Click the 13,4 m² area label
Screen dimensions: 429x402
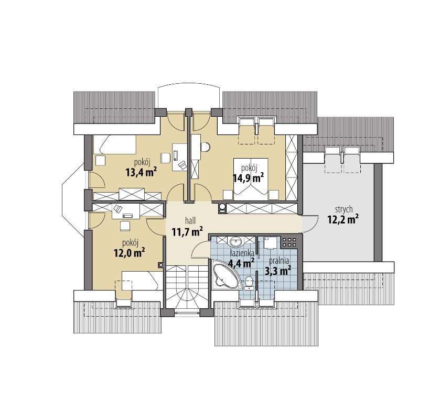point(141,172)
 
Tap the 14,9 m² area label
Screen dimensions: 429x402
point(248,178)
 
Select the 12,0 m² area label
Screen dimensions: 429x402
point(129,253)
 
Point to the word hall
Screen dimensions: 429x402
point(190,220)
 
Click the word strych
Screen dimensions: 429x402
point(344,210)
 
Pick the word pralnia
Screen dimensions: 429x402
point(279,261)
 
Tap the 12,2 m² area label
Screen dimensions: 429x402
point(344,219)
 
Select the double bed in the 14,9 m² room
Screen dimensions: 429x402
point(251,176)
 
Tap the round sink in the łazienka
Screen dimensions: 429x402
point(235,242)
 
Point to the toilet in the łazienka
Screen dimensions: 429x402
point(249,282)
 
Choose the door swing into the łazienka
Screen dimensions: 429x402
point(200,249)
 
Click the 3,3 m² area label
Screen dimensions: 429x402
point(278,271)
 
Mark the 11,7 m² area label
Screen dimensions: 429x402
point(187,232)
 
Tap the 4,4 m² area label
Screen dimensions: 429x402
point(241,263)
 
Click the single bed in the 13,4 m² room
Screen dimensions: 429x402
point(115,144)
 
